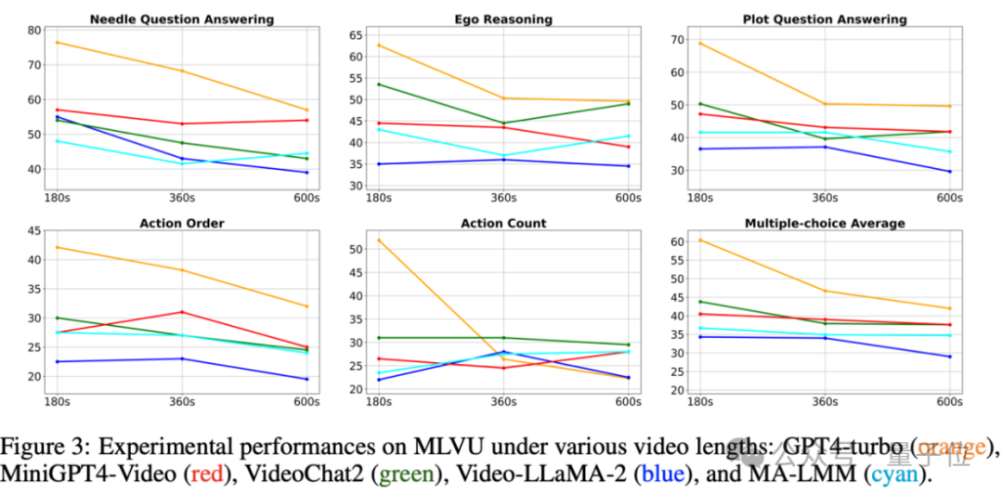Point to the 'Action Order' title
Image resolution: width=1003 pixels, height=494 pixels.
(x=181, y=223)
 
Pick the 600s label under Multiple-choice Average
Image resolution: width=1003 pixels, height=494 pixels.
(x=948, y=402)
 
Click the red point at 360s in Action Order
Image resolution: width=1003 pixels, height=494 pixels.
(x=182, y=312)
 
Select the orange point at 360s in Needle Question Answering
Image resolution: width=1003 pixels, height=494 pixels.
(x=182, y=71)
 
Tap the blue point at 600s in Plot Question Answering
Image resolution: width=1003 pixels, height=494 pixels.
(x=948, y=172)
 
